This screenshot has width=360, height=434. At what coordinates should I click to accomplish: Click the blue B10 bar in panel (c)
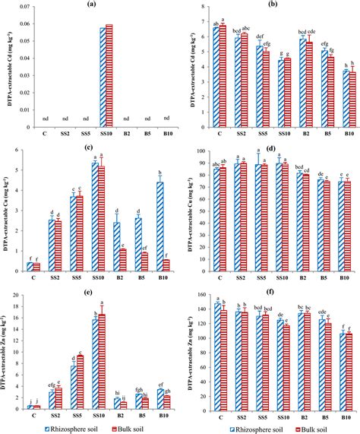pos(160,227)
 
